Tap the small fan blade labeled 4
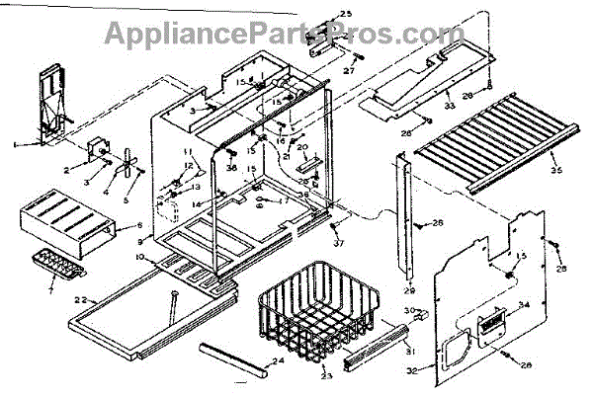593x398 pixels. [127, 168]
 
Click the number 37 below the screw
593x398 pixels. [338, 244]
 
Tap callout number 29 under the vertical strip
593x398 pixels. [409, 290]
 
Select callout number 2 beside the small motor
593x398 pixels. [67, 170]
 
